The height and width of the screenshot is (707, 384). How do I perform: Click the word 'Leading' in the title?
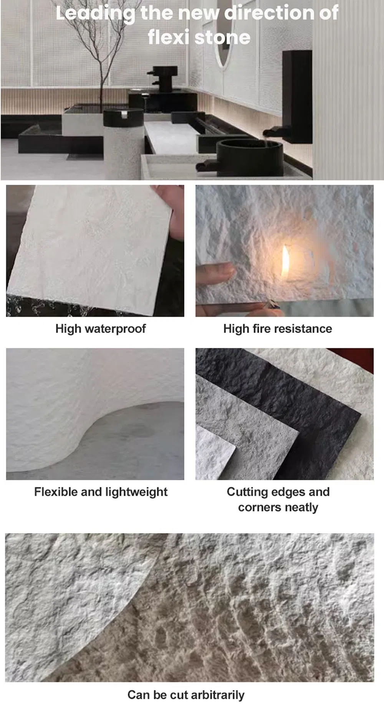point(95,13)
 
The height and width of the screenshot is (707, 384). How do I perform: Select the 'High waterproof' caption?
point(101,329)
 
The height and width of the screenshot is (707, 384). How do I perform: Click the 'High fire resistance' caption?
point(278,329)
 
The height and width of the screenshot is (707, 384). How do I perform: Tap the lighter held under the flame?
point(273,305)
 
